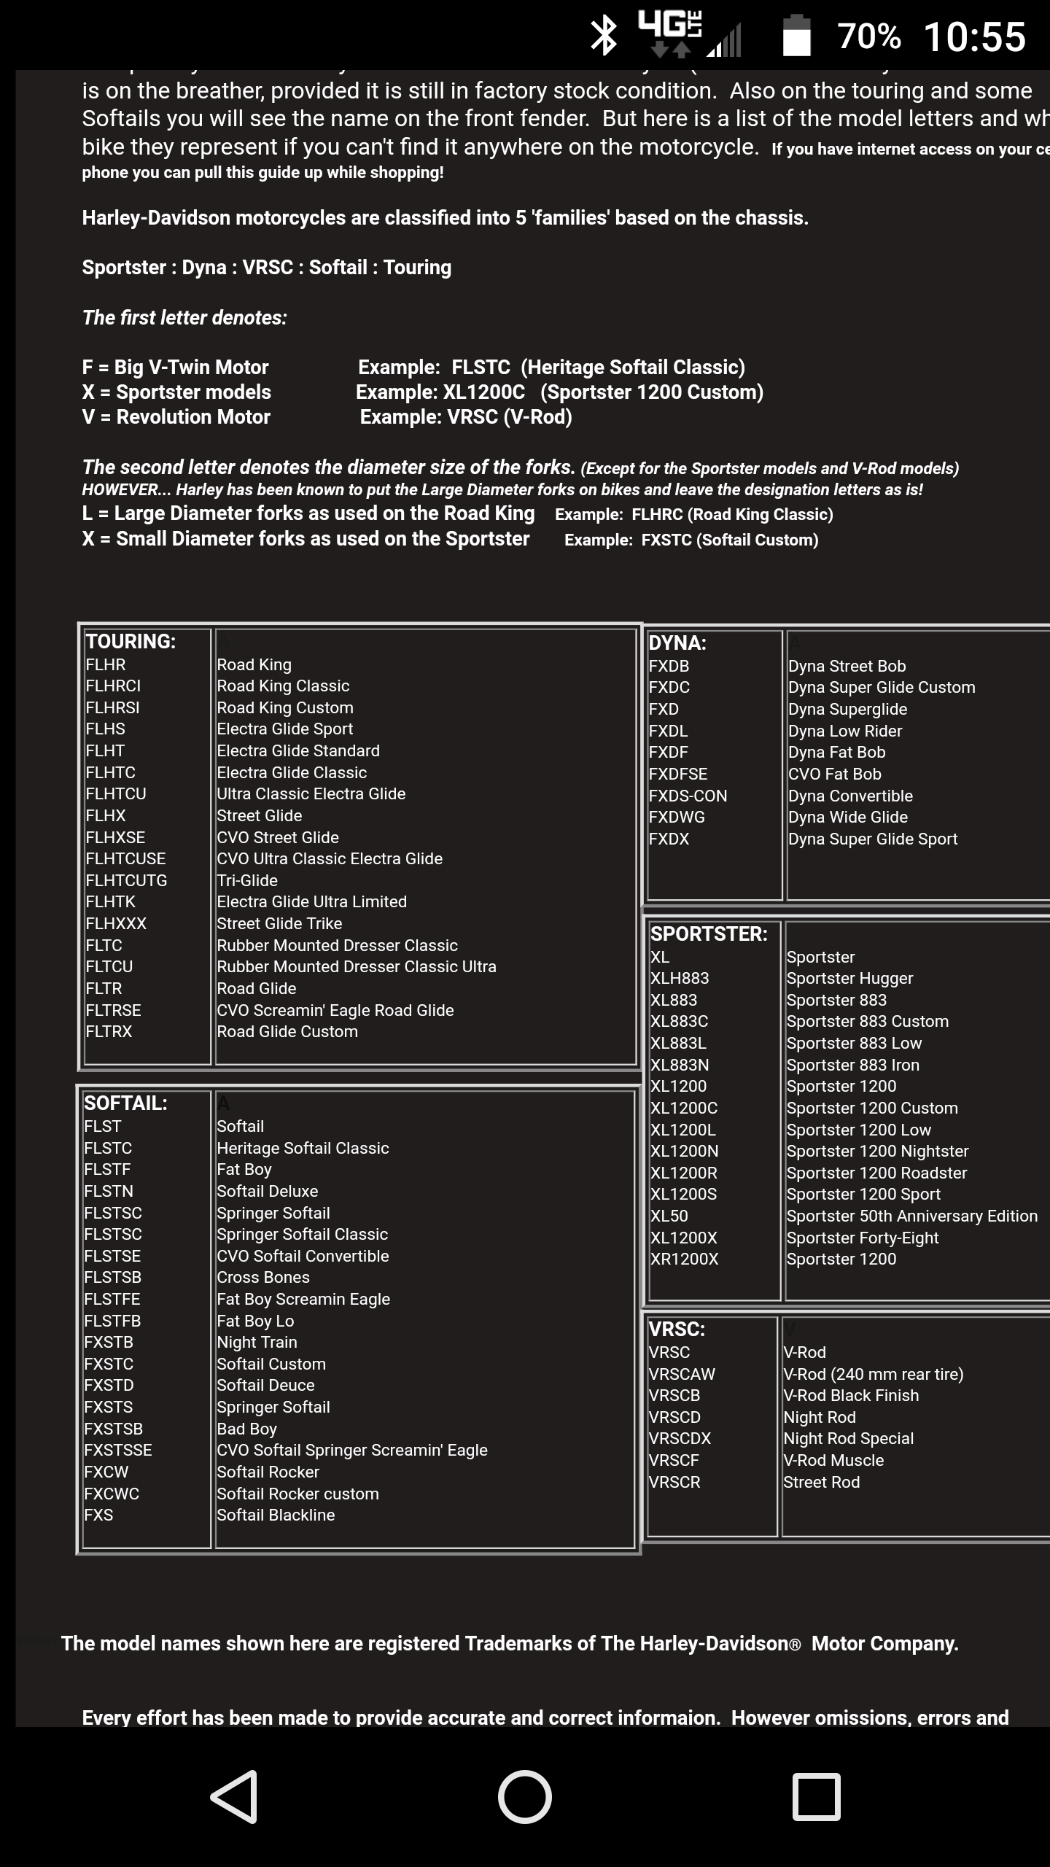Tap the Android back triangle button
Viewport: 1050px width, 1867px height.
coord(235,1796)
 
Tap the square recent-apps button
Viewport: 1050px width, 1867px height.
coord(816,1796)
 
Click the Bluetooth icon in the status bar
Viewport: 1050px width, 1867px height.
coord(603,36)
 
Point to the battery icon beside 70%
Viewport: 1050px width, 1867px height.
coord(796,36)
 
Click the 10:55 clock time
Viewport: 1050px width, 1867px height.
coord(974,36)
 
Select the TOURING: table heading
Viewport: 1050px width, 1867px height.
coord(131,642)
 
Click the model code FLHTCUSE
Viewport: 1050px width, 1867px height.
coord(125,858)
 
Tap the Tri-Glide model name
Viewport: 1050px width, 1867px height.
coord(247,880)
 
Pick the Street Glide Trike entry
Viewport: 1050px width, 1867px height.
coord(279,923)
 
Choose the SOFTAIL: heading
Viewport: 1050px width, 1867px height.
coord(125,1103)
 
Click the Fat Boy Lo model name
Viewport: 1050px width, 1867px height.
coord(255,1321)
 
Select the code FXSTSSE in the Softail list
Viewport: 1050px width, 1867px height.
coord(118,1450)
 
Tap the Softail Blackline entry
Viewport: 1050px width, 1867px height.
coord(276,1515)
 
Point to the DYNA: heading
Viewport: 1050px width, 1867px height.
coord(677,643)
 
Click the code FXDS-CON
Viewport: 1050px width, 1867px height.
coord(688,796)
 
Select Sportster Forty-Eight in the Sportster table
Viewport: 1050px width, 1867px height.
coord(863,1238)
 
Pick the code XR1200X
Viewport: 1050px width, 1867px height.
coord(684,1259)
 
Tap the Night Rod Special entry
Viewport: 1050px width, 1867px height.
coord(848,1438)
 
